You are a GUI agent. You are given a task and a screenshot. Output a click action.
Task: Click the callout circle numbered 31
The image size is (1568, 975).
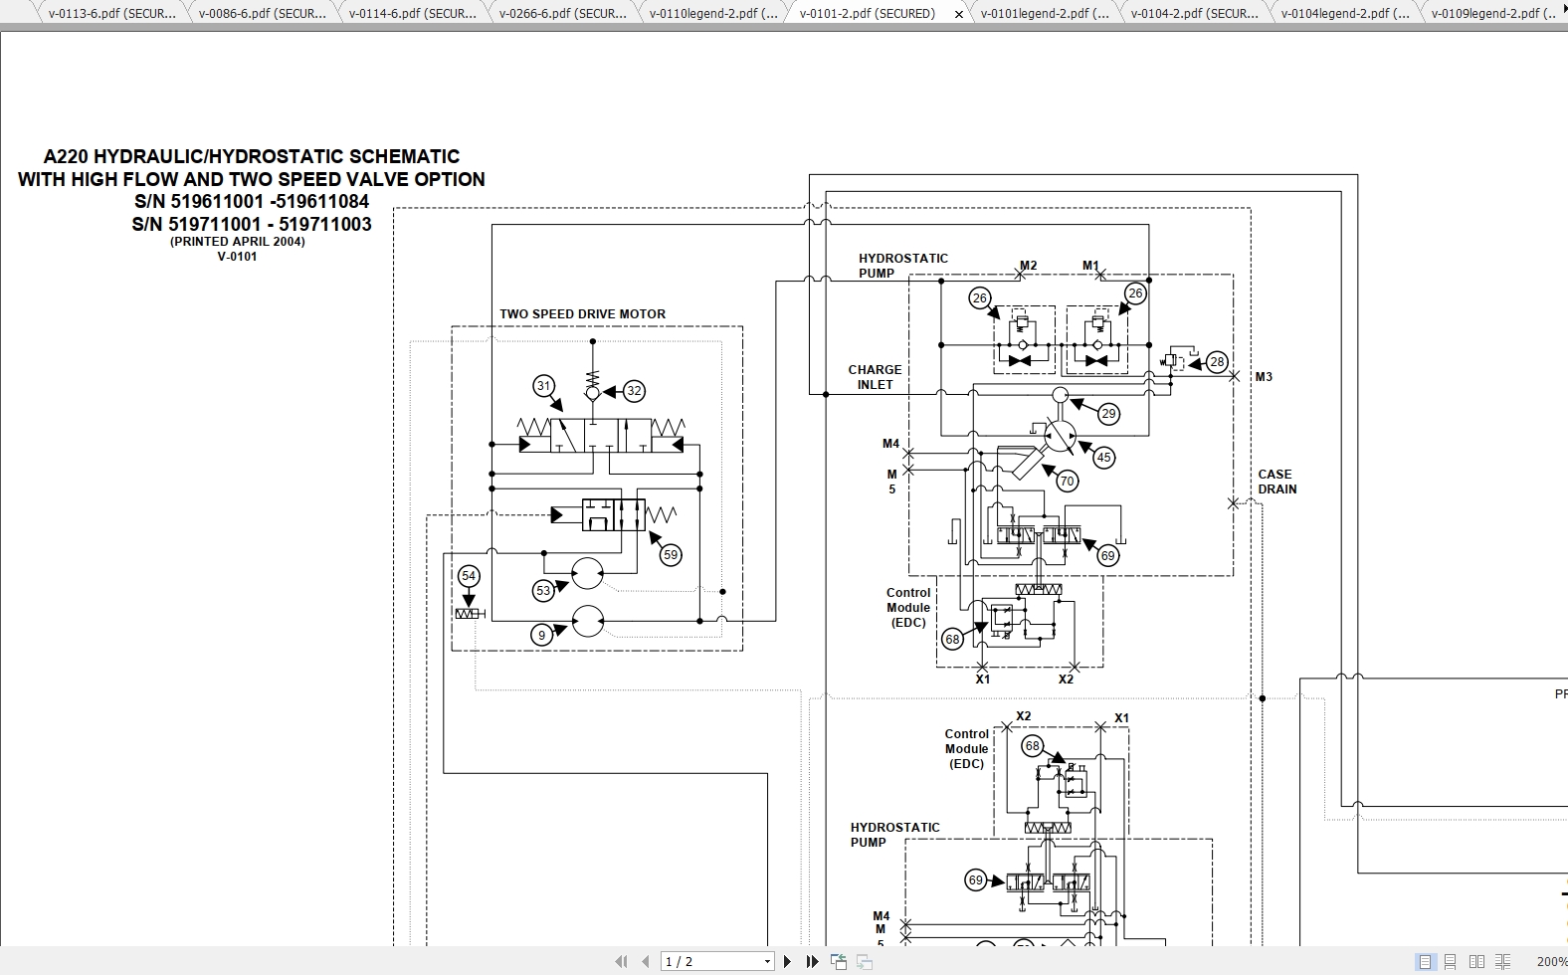[543, 386]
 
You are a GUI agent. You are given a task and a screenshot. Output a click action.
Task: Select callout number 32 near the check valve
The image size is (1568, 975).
[634, 391]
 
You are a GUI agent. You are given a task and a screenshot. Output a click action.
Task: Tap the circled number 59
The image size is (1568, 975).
[671, 555]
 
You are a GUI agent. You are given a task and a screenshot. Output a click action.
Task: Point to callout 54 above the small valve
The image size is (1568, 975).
[469, 576]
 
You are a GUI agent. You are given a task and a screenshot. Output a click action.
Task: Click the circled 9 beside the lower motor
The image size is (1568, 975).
[542, 635]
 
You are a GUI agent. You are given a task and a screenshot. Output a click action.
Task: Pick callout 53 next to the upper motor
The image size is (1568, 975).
[543, 590]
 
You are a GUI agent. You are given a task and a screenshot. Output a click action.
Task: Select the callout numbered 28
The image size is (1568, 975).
[1217, 362]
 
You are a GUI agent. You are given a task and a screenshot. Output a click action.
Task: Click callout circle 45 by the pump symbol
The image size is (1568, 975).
[1103, 458]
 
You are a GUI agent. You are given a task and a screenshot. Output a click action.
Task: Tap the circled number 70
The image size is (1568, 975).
[1067, 482]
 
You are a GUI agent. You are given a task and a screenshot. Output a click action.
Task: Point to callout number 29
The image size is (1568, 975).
[1108, 414]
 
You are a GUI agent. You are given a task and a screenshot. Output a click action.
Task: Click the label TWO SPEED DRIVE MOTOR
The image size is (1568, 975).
[582, 314]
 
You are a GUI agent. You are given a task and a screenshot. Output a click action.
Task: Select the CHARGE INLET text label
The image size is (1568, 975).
[875, 377]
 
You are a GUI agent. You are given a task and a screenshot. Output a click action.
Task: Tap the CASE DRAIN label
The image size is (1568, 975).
[1276, 482]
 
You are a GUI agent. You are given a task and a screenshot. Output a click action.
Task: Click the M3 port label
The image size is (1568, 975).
[1264, 377]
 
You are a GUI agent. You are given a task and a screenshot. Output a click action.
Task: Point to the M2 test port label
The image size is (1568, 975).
[1029, 266]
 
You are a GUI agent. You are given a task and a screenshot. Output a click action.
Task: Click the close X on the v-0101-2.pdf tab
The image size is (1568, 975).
[959, 14]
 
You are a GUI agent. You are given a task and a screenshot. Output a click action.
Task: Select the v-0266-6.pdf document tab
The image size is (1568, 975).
[562, 14]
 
